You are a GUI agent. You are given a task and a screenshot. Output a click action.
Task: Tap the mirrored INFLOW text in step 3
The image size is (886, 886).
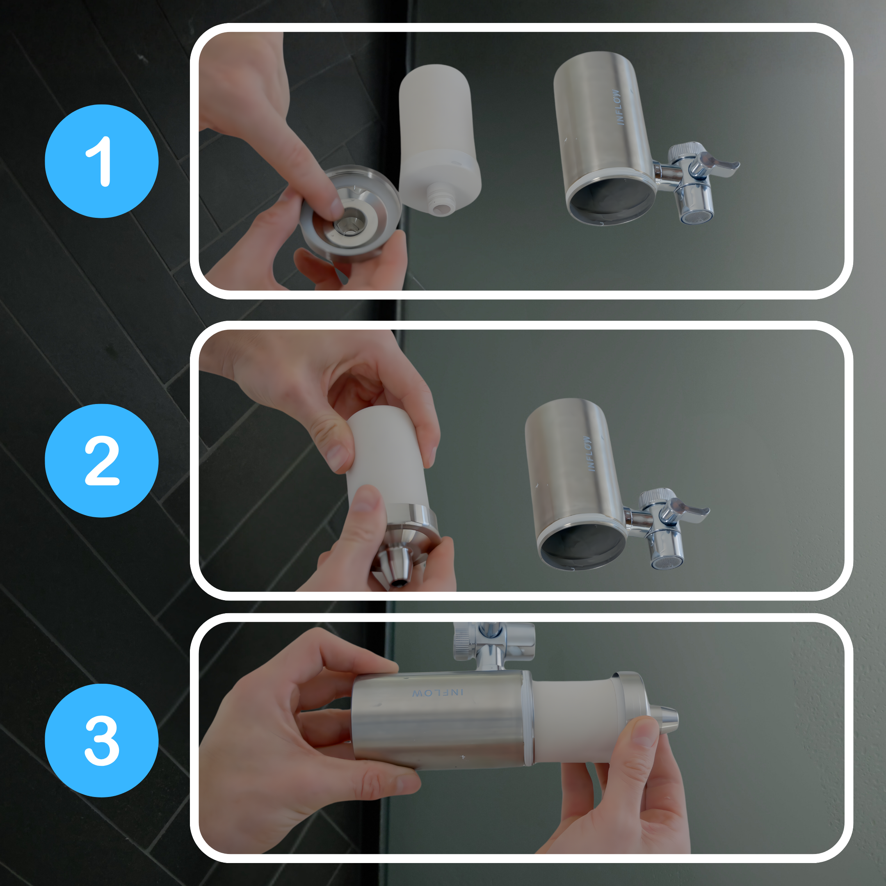click(438, 692)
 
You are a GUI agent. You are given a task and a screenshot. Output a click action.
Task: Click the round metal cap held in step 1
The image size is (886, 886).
click(351, 213)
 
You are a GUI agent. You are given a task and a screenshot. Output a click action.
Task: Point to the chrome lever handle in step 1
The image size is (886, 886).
click(718, 164)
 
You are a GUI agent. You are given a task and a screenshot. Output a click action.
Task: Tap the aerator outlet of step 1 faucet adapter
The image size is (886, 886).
click(696, 215)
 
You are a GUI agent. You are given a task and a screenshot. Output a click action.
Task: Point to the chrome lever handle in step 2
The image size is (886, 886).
click(688, 510)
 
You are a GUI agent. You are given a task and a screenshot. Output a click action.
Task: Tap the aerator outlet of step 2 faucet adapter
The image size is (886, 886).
click(668, 561)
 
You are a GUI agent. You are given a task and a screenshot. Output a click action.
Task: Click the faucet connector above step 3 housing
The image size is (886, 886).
click(493, 642)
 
